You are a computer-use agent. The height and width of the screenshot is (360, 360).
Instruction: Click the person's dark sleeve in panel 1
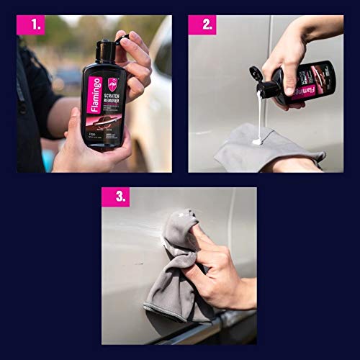[x=32, y=108]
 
